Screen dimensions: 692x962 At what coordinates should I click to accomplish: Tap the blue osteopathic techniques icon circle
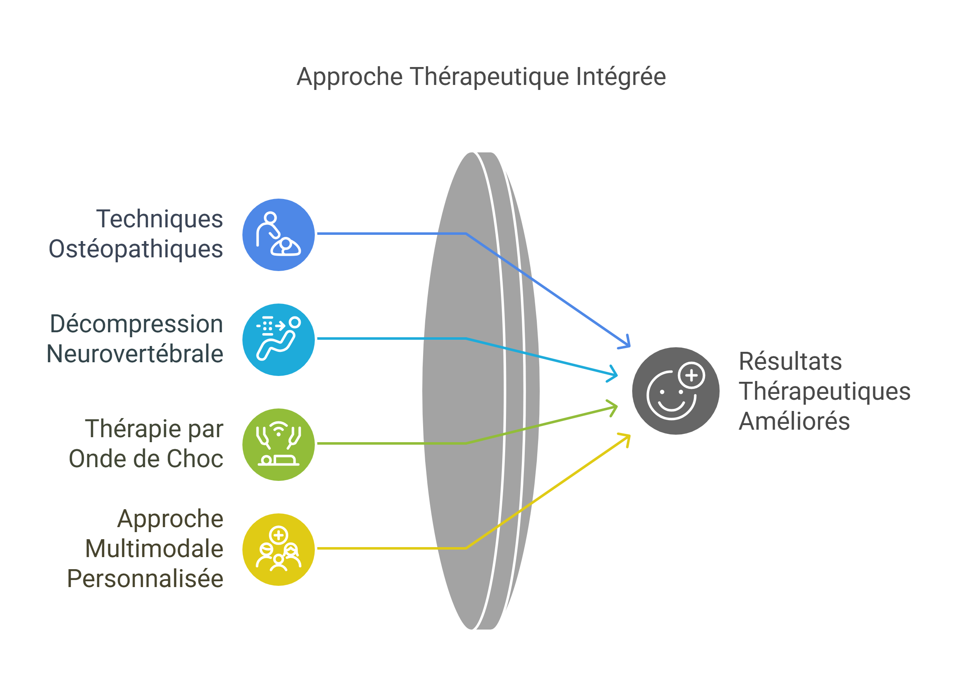coord(278,234)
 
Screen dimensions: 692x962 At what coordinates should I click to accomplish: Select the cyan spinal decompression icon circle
coord(278,339)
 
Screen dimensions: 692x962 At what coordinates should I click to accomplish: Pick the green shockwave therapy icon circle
coord(278,444)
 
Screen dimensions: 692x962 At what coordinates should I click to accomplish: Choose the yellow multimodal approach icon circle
coord(278,549)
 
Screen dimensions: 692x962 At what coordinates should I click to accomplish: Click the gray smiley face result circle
coord(675,391)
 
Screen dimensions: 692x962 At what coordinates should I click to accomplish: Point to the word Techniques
coord(160,219)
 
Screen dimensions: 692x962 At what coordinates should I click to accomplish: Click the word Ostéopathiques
coord(136,249)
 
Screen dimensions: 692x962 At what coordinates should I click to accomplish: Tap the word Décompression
coord(137,324)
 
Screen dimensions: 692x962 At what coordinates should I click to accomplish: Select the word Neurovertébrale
coord(135,353)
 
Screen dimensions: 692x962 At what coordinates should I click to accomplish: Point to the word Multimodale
coord(154,549)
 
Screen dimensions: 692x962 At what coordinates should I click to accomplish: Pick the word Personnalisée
coord(145,578)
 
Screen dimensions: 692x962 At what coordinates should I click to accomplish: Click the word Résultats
coord(790,361)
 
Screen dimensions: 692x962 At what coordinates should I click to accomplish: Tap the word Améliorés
coord(794,421)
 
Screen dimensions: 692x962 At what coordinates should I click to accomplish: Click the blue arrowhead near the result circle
coord(627,344)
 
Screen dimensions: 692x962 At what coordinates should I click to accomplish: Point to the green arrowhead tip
coord(616,407)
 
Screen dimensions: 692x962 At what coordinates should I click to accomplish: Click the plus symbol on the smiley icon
coord(691,375)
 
